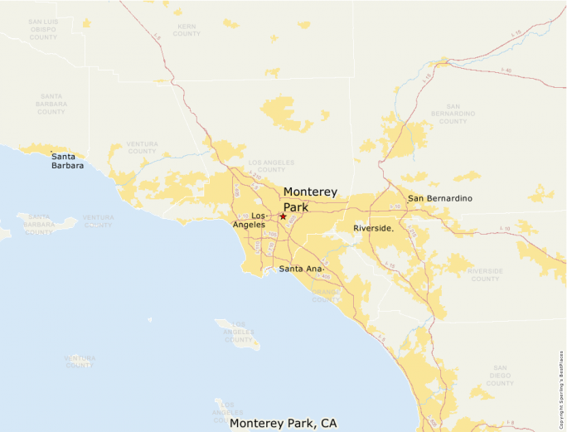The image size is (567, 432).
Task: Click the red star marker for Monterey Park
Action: click(283, 216)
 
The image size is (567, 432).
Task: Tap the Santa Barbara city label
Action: click(67, 161)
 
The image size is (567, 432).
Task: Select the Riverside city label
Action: click(373, 227)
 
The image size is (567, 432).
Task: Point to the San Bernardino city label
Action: click(439, 199)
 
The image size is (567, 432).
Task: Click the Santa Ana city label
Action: click(301, 269)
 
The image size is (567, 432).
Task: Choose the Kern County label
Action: click(187, 31)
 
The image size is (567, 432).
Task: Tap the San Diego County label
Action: click(500, 376)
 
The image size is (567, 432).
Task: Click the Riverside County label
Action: click(485, 274)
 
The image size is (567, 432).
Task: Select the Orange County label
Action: click(326, 295)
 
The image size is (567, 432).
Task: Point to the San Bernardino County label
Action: click(453, 114)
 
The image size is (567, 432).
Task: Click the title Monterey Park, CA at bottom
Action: click(283, 423)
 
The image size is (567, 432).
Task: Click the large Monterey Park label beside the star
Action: click(310, 199)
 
